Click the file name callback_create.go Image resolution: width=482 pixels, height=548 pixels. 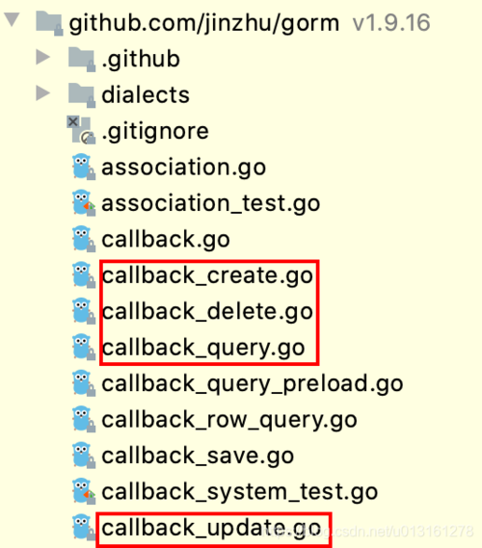207,276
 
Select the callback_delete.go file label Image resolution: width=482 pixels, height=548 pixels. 207,312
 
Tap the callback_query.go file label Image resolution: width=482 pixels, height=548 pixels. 203,348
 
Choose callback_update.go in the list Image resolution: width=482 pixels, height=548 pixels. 211,528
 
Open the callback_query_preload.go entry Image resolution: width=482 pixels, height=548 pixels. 253,383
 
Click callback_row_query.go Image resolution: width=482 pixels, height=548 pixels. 229,420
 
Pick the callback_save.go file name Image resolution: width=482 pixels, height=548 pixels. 198,456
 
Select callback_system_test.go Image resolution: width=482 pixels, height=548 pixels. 240,492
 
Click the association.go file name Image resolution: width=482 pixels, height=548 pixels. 183,168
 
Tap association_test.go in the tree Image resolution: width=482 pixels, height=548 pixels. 211,204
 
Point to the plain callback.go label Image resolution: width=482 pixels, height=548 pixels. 166,240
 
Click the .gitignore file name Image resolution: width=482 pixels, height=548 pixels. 155,132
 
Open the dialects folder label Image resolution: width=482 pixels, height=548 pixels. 146,95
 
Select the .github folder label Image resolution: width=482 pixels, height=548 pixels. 141,60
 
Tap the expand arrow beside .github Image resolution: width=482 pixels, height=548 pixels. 42,59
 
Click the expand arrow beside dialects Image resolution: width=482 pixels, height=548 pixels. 42,94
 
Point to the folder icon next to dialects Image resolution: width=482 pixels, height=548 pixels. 80,95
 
